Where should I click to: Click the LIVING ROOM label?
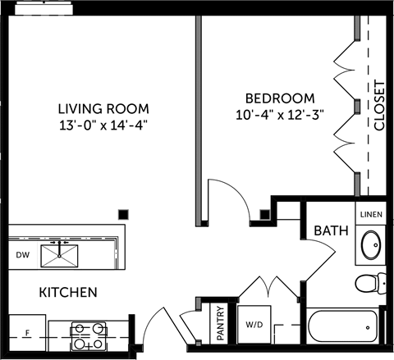click(x=103, y=108)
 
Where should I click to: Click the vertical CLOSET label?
click(x=378, y=106)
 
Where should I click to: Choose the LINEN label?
click(x=370, y=214)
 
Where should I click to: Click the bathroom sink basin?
click(x=370, y=245)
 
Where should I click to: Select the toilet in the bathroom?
click(x=371, y=284)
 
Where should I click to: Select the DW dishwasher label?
click(x=22, y=255)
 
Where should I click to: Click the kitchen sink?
click(x=60, y=256)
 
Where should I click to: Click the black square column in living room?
click(x=122, y=213)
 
